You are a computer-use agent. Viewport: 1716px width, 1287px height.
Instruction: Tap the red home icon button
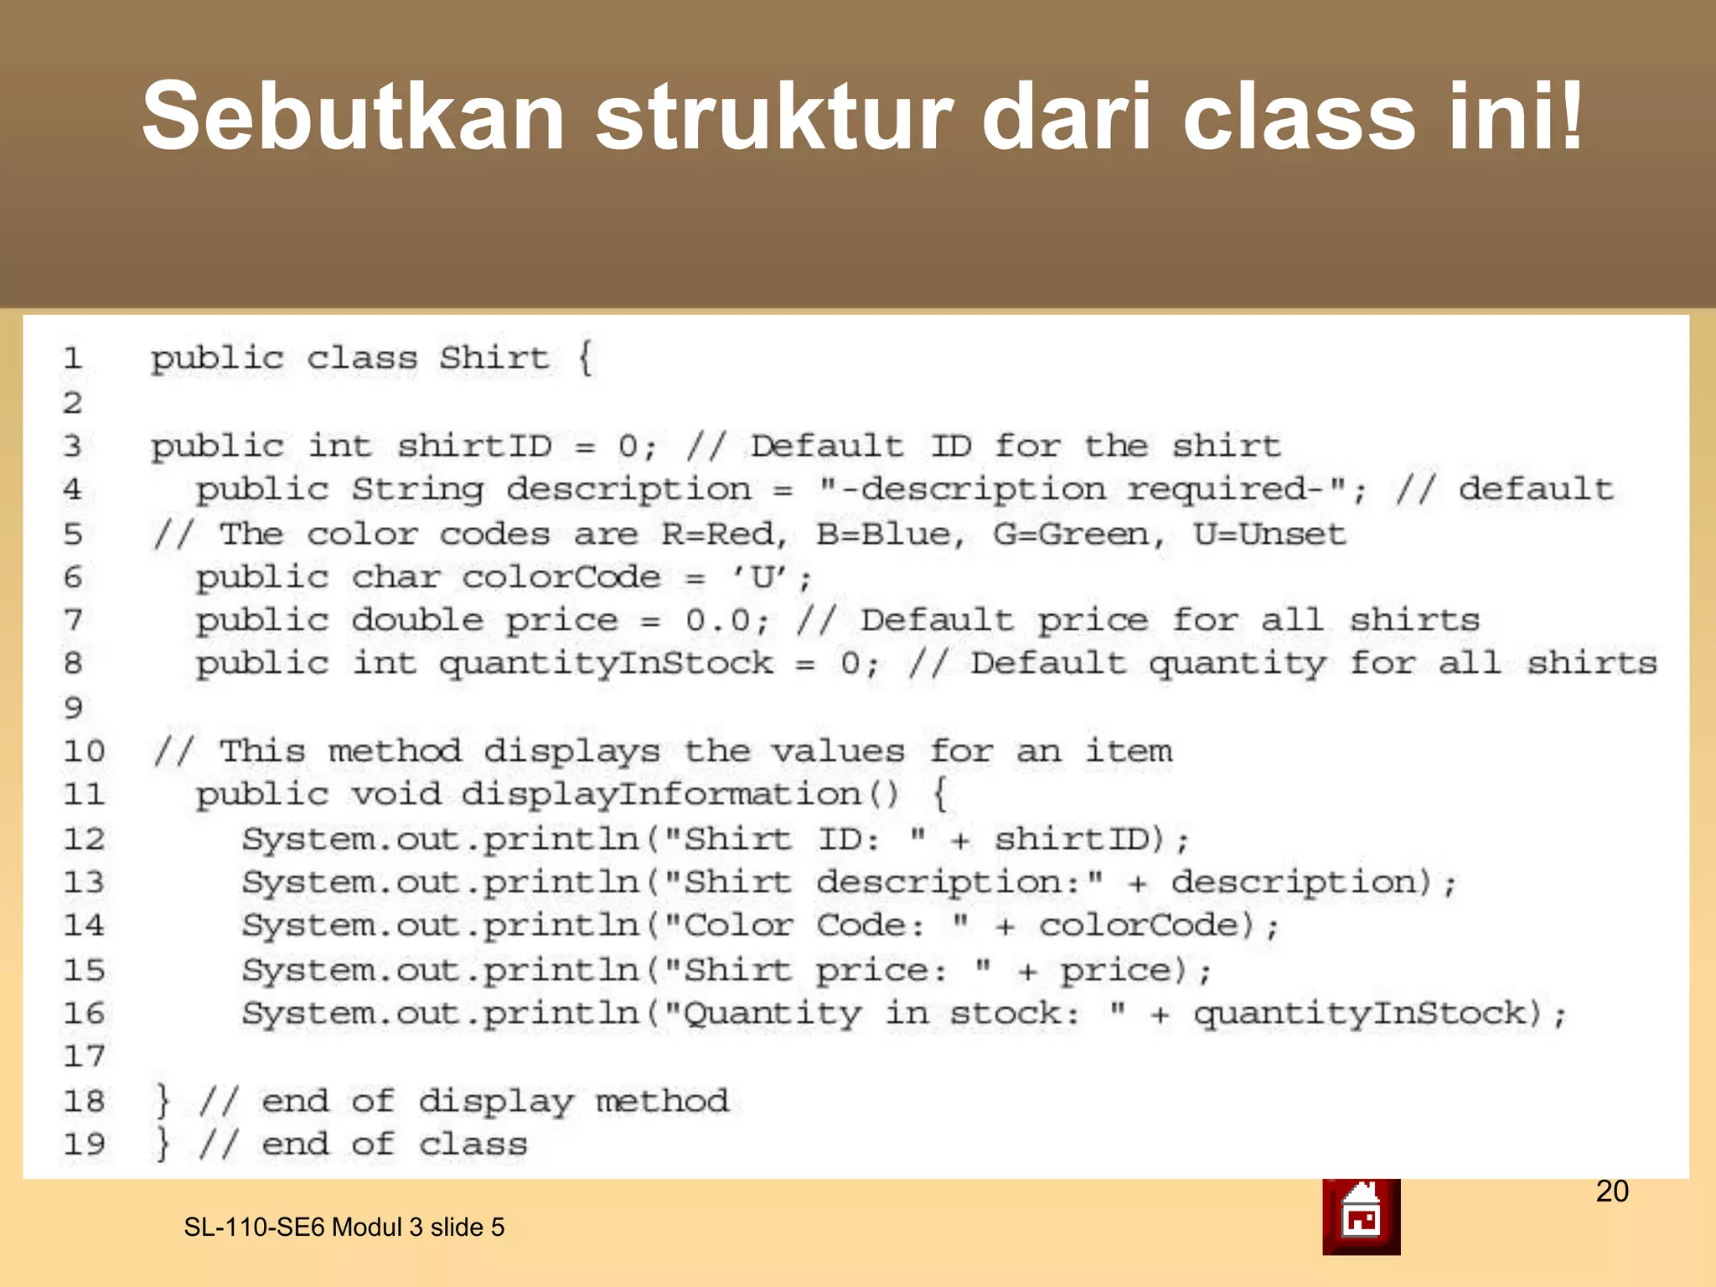point(1361,1217)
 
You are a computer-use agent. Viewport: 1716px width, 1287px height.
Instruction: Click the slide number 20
point(1612,1191)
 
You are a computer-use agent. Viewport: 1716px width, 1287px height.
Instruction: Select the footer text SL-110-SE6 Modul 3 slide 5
point(344,1228)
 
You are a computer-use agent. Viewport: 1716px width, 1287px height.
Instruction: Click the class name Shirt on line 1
point(494,359)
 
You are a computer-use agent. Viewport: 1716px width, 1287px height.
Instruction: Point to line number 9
point(73,708)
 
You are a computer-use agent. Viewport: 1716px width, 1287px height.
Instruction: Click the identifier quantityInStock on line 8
point(606,664)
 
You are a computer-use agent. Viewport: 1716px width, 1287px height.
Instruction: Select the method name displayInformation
point(661,794)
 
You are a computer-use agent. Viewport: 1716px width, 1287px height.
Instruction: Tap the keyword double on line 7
point(417,620)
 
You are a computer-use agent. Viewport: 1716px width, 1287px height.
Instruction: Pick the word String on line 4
point(417,489)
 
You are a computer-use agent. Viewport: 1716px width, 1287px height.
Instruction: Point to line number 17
point(84,1057)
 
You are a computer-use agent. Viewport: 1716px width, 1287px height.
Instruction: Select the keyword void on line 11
point(395,794)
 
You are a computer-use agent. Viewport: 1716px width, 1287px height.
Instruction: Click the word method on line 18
point(662,1101)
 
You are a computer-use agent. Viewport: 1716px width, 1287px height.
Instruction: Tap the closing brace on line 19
point(163,1145)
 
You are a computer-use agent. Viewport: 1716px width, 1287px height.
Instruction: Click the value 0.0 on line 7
point(718,620)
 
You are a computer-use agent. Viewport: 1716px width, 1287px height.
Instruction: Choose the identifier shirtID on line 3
point(474,446)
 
